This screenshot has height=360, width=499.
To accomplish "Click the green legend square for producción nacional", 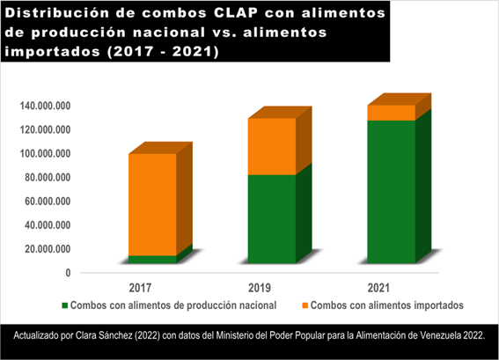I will click(x=64, y=305).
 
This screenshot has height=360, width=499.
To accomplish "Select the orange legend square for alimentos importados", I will click(x=304, y=305).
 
